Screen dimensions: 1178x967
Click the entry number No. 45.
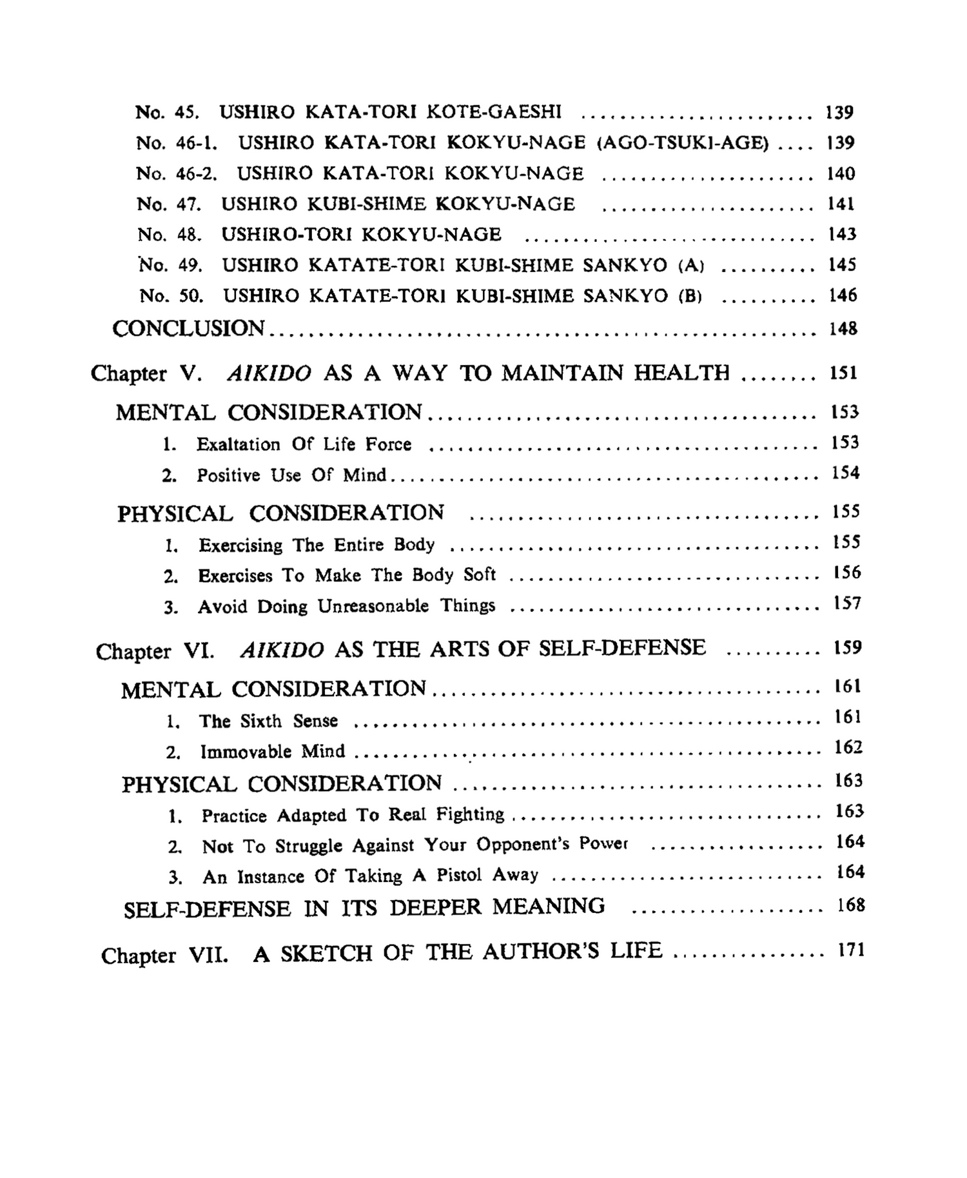click(167, 112)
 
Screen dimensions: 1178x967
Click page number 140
click(841, 173)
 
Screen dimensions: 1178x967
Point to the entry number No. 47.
click(169, 204)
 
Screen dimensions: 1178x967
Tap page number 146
click(843, 295)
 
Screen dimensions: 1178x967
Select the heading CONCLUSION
click(188, 328)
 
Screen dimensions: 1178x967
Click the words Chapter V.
click(147, 373)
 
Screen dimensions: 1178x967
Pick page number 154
click(845, 473)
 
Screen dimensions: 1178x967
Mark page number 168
click(850, 905)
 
